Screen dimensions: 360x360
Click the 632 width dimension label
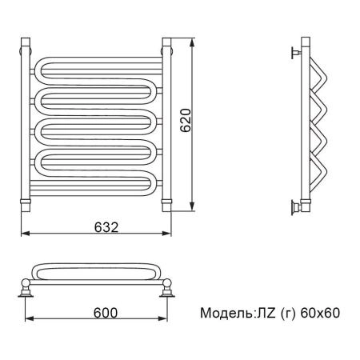(x=106, y=227)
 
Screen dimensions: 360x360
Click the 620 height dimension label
(x=186, y=120)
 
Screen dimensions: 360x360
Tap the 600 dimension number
(x=106, y=313)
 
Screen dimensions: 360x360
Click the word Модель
(x=226, y=313)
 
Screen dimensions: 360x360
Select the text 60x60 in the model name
(x=320, y=313)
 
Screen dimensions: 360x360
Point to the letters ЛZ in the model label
(x=266, y=313)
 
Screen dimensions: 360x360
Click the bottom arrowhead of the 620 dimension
(x=192, y=206)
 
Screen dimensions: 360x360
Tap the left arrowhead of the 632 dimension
(x=26, y=234)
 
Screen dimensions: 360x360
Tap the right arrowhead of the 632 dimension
(x=166, y=234)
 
